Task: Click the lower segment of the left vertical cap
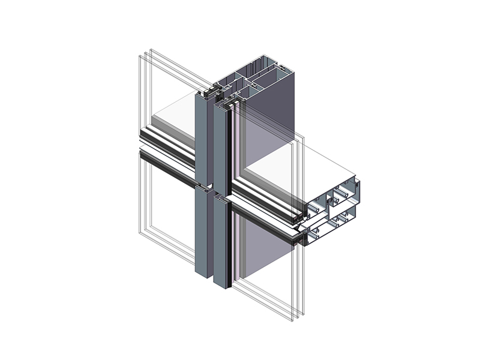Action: pos(202,234)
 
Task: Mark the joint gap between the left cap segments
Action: pos(203,186)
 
